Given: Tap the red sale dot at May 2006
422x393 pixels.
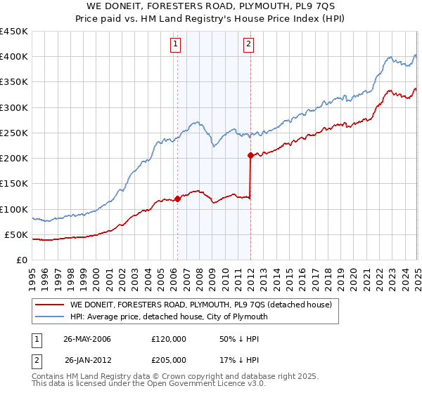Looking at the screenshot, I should click(178, 199).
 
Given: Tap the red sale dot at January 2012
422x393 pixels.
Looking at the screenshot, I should click(250, 155).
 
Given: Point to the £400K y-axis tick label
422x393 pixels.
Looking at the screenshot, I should click(14, 57).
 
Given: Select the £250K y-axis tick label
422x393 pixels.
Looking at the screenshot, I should click(14, 133).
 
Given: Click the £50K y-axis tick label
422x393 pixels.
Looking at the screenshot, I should click(17, 234).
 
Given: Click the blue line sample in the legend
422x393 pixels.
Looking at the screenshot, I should click(50, 317).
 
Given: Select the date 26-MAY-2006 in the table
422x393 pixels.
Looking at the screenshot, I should click(87, 339).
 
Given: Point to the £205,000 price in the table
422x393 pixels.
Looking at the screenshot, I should click(170, 360).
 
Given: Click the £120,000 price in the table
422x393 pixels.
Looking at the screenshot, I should click(170, 339).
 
